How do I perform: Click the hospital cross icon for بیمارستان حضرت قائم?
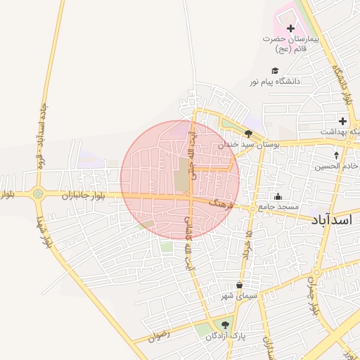click(291, 28)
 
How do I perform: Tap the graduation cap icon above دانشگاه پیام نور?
click(275, 70)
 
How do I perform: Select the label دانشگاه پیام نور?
click(274, 82)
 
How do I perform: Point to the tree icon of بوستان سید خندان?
click(248, 133)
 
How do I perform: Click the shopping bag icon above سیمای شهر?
click(240, 285)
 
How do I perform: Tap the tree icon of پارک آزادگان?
click(225, 325)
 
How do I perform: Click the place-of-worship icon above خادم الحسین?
click(336, 155)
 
